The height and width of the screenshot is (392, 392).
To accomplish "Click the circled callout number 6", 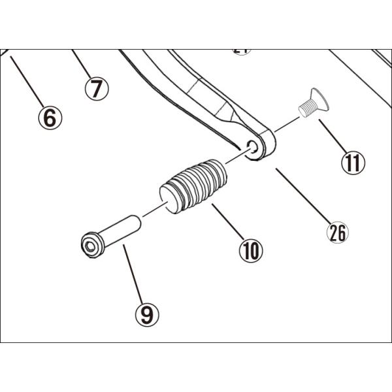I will point(50,118).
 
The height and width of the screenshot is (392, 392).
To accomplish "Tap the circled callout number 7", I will point(96,88).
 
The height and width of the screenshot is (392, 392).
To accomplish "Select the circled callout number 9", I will point(147,315).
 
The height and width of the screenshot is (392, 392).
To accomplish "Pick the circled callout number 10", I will point(250,250).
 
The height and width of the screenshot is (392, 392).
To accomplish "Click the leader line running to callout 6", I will point(26,82).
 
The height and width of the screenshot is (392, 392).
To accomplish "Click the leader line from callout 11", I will point(332,136).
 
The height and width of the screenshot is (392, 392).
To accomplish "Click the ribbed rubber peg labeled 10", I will point(195,185).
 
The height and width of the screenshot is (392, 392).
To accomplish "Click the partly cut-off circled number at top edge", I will point(242,51).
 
